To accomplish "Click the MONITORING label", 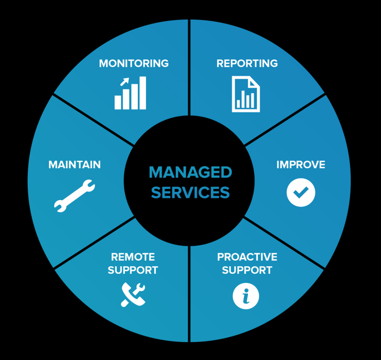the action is [x=134, y=63].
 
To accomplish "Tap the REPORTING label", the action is [x=247, y=63].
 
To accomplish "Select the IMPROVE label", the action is [x=301, y=165].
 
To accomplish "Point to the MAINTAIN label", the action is [x=74, y=165].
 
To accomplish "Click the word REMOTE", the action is [x=133, y=257].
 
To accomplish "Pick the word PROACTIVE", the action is [x=247, y=257].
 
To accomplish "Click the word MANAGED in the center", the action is [x=190, y=172].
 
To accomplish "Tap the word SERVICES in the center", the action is [x=190, y=192].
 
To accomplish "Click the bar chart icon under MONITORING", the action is [x=130, y=93].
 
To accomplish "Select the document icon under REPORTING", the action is [x=246, y=94].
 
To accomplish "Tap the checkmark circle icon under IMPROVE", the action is [x=301, y=192].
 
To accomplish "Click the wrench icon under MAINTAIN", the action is [x=74, y=196].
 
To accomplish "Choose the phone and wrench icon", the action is [x=133, y=295].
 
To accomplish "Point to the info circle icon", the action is [x=246, y=296].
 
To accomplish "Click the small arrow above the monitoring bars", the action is [x=124, y=82].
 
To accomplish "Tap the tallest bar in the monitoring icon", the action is [x=143, y=93].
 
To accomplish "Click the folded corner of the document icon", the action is [x=254, y=82].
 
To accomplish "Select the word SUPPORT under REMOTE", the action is [x=133, y=270].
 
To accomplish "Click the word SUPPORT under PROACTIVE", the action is [x=247, y=270].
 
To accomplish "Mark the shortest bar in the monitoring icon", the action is [x=118, y=102].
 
